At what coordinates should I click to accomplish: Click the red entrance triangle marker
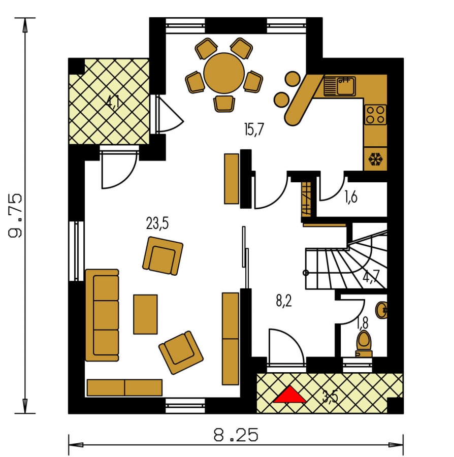[x=289, y=396]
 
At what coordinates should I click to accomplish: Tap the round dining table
[x=224, y=73]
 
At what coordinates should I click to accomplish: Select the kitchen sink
[x=339, y=86]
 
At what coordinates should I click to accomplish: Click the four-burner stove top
[x=375, y=115]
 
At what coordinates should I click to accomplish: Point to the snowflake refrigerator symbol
[x=375, y=159]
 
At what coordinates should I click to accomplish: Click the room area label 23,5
[x=157, y=224]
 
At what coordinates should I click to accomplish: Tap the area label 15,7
[x=254, y=129]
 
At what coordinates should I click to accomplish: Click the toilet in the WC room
[x=364, y=343]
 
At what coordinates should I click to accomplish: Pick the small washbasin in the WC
[x=381, y=310]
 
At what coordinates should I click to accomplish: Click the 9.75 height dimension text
[x=15, y=215]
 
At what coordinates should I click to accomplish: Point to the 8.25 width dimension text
[x=236, y=435]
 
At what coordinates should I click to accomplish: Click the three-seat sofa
[x=102, y=315]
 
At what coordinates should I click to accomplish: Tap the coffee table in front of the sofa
[x=145, y=314]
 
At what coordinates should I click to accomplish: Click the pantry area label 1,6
[x=351, y=198]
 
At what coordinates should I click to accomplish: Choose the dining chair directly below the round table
[x=224, y=104]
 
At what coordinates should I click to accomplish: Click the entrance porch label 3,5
[x=330, y=397]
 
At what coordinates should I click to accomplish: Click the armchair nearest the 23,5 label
[x=163, y=255]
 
